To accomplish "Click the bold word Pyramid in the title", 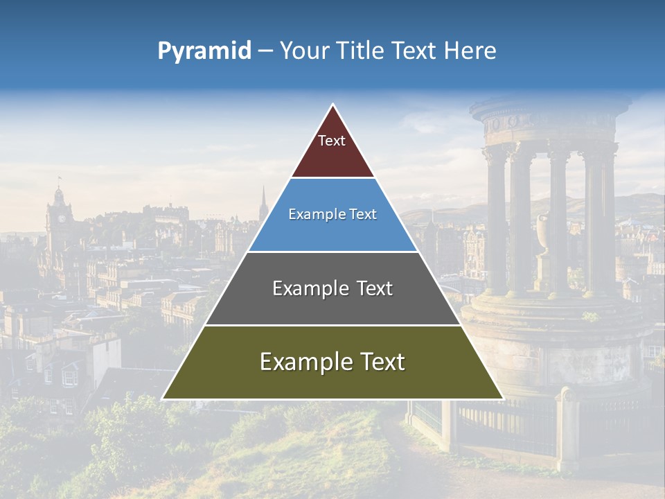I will [204, 51].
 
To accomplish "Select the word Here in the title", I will [470, 51].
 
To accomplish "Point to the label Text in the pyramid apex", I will [332, 141].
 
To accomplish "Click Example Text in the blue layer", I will [332, 214].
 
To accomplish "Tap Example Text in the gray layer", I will [332, 288].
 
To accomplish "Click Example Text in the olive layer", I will [332, 362].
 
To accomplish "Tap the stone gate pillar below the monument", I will [569, 430].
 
